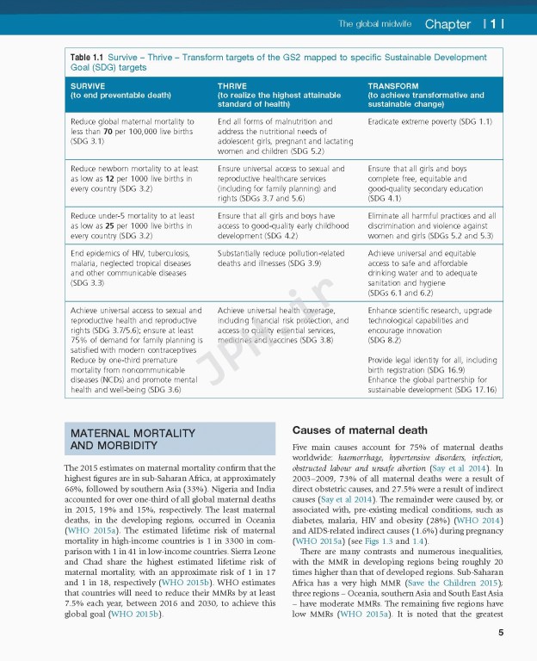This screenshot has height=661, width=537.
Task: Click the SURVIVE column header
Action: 89,86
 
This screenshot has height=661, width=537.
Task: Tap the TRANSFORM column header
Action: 392,86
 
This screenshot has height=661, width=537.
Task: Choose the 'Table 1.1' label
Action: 87,58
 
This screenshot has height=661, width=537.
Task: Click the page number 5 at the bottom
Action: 500,633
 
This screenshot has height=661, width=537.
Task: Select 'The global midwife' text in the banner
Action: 374,24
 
